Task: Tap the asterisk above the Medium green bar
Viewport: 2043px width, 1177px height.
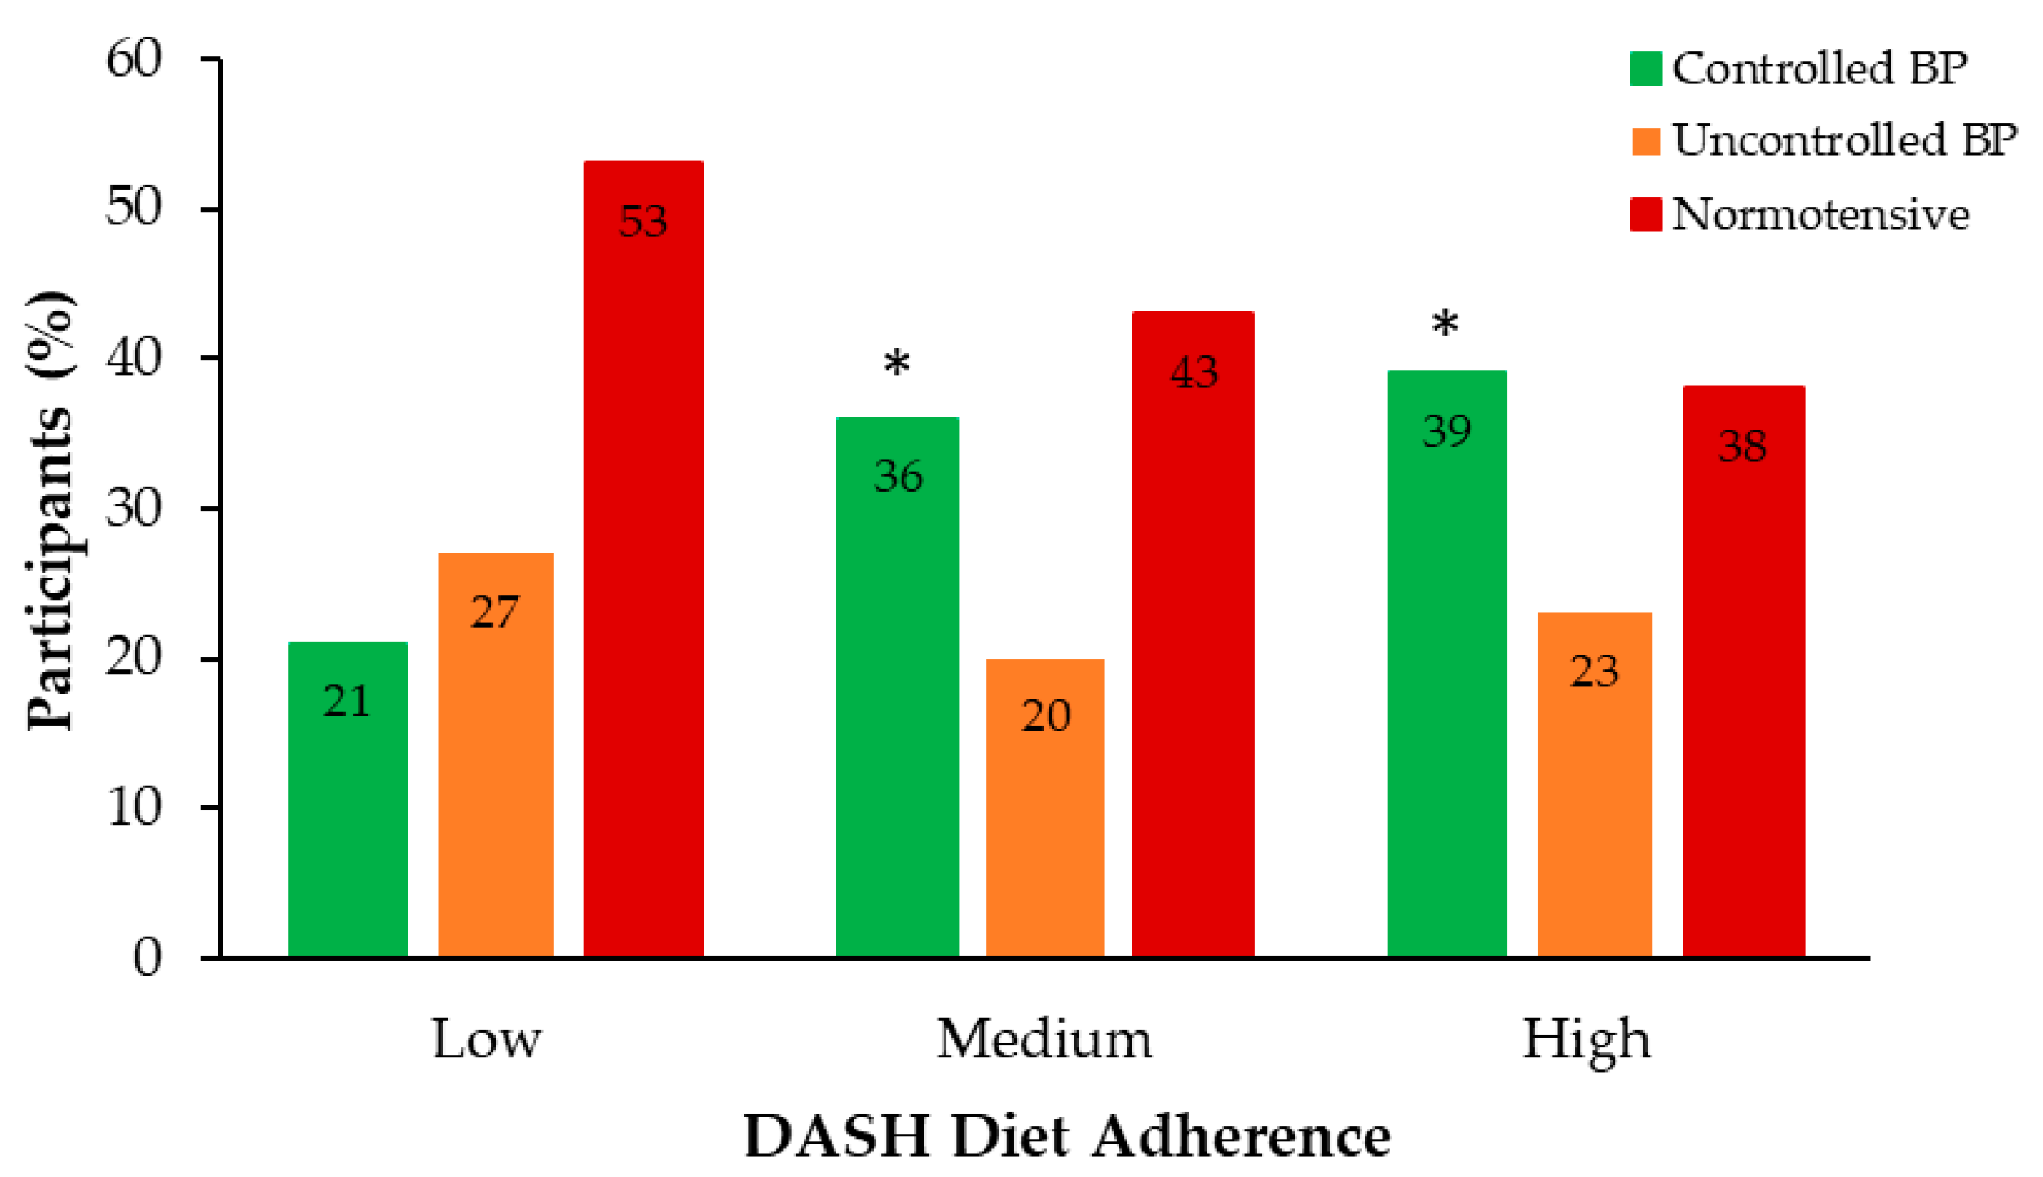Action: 897,364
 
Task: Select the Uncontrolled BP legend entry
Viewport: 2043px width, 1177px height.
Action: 1824,140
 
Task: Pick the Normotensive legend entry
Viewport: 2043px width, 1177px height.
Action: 1799,215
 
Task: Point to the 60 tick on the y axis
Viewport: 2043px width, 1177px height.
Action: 135,59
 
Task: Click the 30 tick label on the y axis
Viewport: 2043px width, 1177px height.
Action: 135,509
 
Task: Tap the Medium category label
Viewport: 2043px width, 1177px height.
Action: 1044,1040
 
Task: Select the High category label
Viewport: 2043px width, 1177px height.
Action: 1586,1040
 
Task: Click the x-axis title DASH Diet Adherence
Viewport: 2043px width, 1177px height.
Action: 1067,1135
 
